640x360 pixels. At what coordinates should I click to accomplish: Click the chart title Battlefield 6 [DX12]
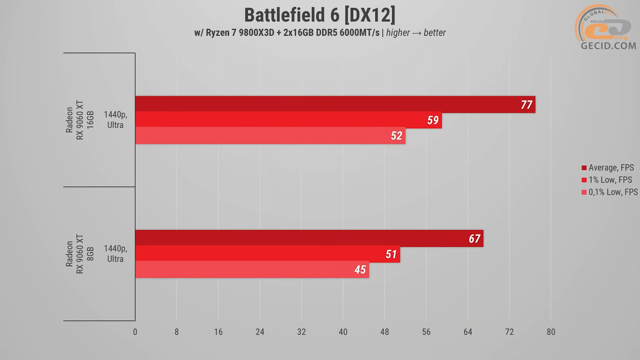pos(320,15)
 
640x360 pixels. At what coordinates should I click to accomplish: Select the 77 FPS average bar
pos(335,104)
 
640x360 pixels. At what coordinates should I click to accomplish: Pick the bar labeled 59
pos(288,120)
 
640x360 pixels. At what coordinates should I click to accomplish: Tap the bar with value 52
pos(270,135)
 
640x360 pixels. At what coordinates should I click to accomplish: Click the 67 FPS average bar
pos(309,238)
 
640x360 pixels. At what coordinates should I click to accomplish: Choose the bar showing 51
pos(267,254)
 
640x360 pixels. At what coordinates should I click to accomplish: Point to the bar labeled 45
pos(252,269)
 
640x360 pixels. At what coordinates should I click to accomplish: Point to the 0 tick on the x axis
pos(135,332)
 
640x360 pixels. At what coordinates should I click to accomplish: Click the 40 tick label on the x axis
pos(343,332)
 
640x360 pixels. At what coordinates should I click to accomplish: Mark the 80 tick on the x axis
pos(551,332)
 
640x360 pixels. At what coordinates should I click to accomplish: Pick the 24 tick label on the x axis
pos(260,332)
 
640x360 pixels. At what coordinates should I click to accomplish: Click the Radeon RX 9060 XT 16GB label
pos(80,120)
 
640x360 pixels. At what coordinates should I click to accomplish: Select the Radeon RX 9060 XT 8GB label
pos(80,254)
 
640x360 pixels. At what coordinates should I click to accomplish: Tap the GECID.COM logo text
pos(608,46)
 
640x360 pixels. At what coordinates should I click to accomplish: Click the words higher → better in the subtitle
pos(416,33)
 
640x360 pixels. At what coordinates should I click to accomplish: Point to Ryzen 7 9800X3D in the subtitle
pos(240,33)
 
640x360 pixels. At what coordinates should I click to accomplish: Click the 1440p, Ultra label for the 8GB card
pos(115,254)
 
